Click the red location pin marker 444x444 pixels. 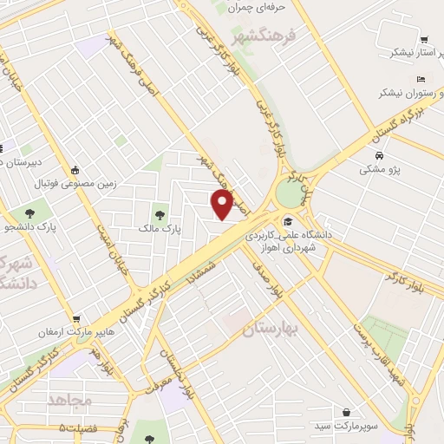point(223,205)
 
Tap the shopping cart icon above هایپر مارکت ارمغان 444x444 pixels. point(77,319)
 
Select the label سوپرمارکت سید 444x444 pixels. point(347,427)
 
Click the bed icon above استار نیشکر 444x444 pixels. point(423,39)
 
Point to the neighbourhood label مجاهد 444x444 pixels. point(70,401)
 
